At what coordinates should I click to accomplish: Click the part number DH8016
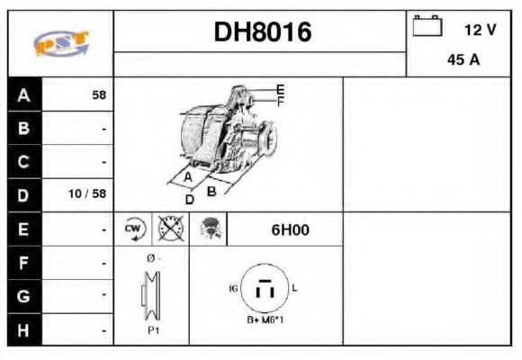click(x=262, y=32)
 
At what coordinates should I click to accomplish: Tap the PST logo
click(x=60, y=43)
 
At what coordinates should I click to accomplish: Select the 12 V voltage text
click(x=480, y=30)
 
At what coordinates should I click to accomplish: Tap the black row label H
click(x=23, y=329)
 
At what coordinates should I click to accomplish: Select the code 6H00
click(x=290, y=229)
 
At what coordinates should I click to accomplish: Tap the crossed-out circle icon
click(x=168, y=229)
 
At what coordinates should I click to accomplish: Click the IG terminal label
click(x=234, y=288)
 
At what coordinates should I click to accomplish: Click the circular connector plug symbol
click(x=264, y=288)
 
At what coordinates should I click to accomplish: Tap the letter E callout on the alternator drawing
click(x=280, y=88)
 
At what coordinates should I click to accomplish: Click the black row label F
click(x=23, y=263)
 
